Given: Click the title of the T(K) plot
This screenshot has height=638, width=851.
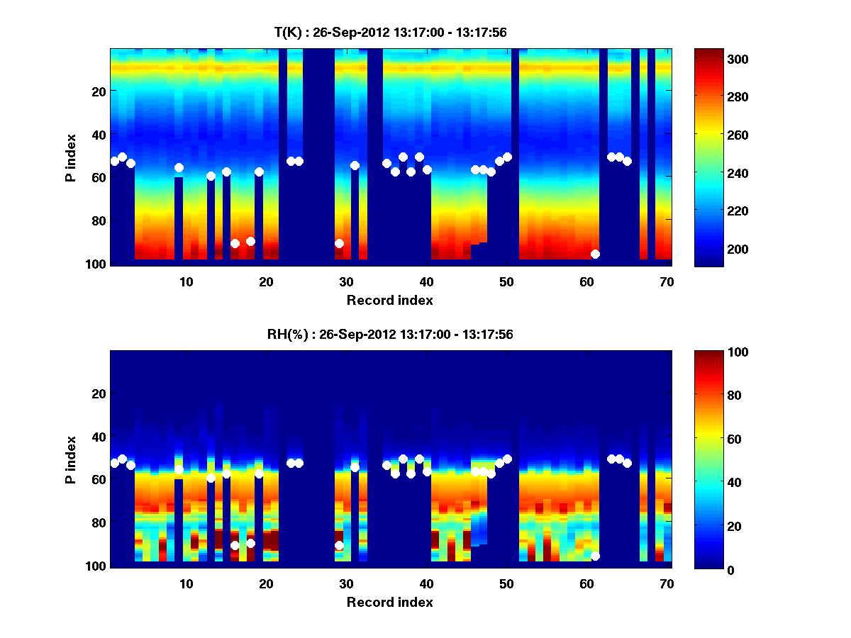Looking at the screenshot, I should pos(390,32).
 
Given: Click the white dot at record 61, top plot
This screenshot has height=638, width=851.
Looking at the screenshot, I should pos(595,254).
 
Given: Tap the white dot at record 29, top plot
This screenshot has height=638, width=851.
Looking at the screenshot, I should pos(339,243).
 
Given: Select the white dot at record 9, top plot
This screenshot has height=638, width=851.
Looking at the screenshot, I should pos(179,167).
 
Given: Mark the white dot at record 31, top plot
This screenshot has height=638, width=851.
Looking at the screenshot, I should pos(355,165).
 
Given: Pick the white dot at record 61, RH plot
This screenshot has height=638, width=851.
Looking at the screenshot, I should pos(595,556).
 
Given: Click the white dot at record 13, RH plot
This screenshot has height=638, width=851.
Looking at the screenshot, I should pos(211,478).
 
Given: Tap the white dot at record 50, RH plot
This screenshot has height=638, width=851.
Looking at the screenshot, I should pos(507,459).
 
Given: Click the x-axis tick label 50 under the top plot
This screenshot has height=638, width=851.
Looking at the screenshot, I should pos(506,281).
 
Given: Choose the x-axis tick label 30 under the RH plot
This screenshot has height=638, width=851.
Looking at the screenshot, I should pos(346,583).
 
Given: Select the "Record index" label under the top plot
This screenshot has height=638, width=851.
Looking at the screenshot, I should pos(390,300).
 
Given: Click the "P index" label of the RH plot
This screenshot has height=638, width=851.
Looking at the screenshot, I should pos(71,459).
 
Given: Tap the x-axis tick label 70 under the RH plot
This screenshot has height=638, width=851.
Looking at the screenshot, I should pos(667,583).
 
